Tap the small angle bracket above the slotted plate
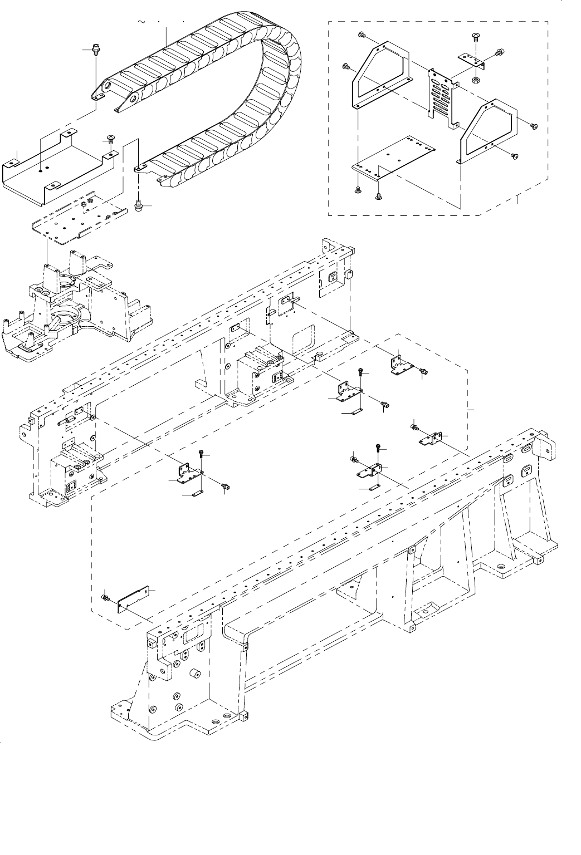tap(471, 60)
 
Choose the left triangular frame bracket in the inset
tap(381, 78)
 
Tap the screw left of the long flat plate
tap(105, 597)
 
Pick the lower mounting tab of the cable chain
tap(139, 166)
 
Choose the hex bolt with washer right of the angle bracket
tap(499, 53)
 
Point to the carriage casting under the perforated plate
tap(78, 301)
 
